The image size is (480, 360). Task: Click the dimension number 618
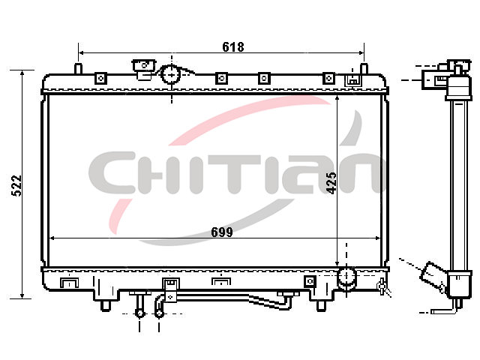pos(233,46)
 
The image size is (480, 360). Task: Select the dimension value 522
pos(16,185)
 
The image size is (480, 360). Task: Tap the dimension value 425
pos(331,183)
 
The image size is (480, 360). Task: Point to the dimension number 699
pos(222,232)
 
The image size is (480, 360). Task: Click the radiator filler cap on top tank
pos(143,70)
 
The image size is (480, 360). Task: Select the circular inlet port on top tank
pos(171,75)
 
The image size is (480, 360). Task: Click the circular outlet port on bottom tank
pos(346,276)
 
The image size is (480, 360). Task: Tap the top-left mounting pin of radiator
pos(78,68)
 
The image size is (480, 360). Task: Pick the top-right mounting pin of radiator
pos(364,68)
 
